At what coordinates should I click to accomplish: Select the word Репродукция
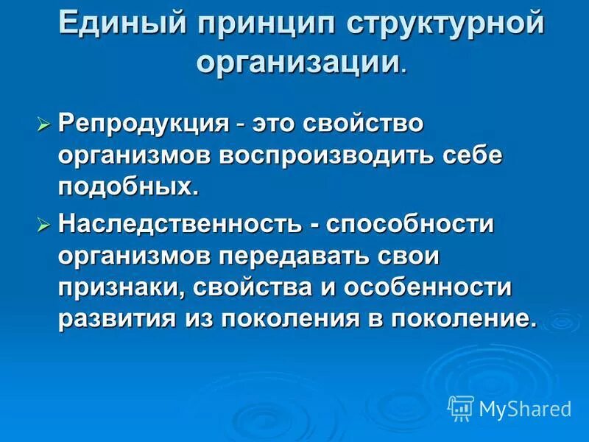pyautogui.click(x=144, y=123)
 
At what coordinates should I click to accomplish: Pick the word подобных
pyautogui.click(x=129, y=187)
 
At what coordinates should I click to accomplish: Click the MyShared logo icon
pyautogui.click(x=460, y=407)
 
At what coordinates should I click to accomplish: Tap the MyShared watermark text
pyautogui.click(x=525, y=407)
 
